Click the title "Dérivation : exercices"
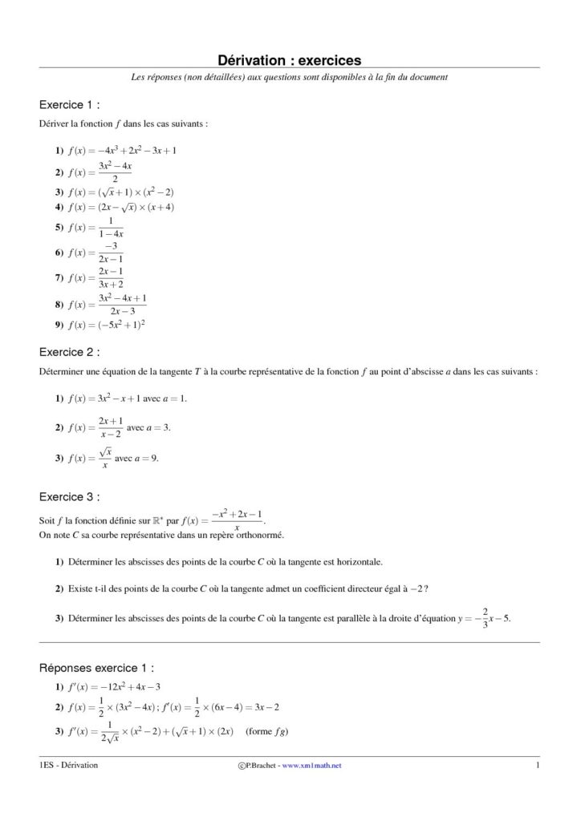[x=290, y=59]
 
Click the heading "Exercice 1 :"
[x=70, y=105]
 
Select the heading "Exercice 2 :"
[x=70, y=351]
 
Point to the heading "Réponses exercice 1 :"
[x=96, y=667]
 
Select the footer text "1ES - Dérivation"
[x=69, y=766]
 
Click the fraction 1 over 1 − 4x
[x=111, y=228]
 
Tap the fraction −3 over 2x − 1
[x=111, y=253]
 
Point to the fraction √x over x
[x=104, y=459]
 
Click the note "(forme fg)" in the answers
[x=269, y=731]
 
